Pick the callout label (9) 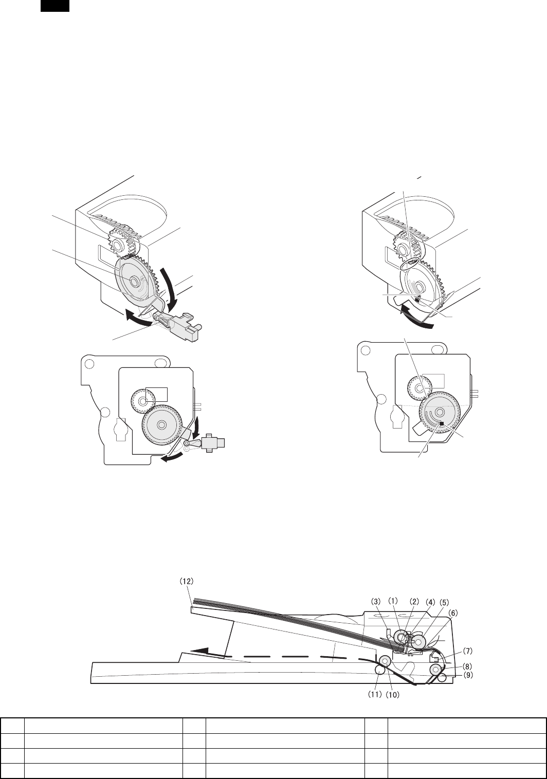coord(468,675)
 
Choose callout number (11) coord(374,694)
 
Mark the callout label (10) coord(393,695)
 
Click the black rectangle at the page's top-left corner coord(54,6)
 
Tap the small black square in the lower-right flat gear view coord(442,423)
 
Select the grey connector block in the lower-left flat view coord(214,443)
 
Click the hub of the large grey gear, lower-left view coord(161,424)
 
